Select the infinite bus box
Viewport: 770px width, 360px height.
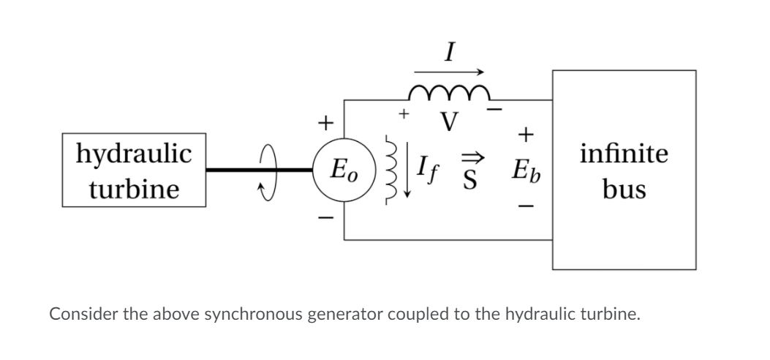pyautogui.click(x=624, y=170)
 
